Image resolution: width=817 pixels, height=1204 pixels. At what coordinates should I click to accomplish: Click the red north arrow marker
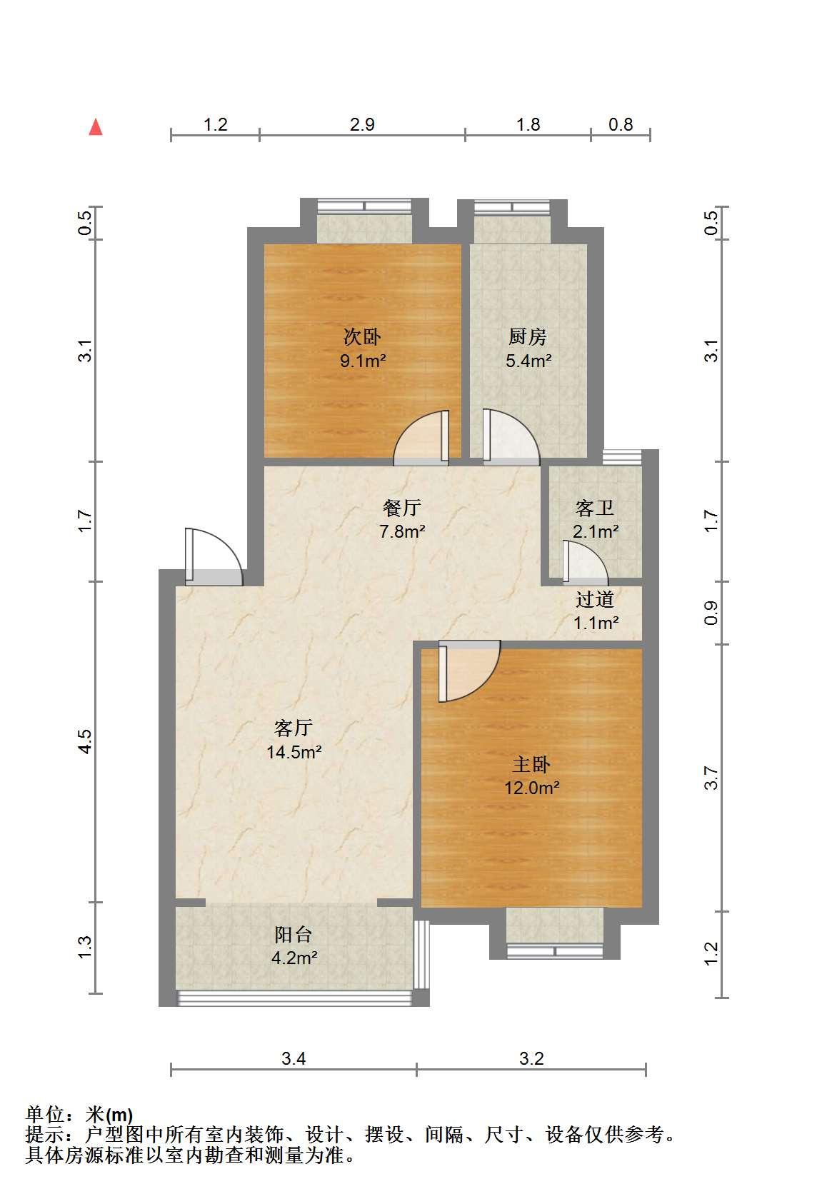(x=96, y=127)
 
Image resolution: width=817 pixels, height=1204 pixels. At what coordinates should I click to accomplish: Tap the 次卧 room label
(x=362, y=337)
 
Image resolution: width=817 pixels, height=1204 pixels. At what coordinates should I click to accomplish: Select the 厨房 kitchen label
(x=528, y=337)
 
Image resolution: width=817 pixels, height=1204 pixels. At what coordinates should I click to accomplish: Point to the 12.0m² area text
(x=531, y=788)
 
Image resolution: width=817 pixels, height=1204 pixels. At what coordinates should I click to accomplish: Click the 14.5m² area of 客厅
(x=294, y=751)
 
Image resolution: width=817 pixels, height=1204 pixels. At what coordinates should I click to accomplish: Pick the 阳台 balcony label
(x=293, y=935)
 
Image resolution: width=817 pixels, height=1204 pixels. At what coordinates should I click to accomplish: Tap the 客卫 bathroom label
(x=594, y=508)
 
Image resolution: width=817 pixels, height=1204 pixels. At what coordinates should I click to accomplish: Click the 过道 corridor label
(x=595, y=599)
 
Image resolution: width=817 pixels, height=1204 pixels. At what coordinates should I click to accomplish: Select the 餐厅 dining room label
(x=401, y=507)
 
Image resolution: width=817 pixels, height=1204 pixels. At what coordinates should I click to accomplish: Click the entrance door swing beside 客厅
(x=214, y=556)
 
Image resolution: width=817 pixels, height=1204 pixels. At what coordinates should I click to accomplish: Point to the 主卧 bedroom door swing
(x=469, y=671)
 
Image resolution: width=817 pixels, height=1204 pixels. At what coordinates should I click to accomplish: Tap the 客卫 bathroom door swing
(x=586, y=563)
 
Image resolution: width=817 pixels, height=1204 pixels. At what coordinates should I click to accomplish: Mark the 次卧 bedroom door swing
(x=421, y=438)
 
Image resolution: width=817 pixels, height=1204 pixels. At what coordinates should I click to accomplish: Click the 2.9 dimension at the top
(x=362, y=125)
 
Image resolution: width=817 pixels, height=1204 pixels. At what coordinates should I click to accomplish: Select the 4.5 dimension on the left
(x=86, y=741)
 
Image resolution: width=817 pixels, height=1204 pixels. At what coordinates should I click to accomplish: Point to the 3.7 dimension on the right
(x=711, y=778)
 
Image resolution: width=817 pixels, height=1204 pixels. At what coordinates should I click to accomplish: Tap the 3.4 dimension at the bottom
(x=294, y=1058)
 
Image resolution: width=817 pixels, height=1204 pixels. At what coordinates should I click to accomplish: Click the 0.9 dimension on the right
(x=711, y=613)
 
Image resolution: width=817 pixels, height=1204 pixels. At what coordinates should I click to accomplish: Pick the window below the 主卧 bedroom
(x=555, y=950)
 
